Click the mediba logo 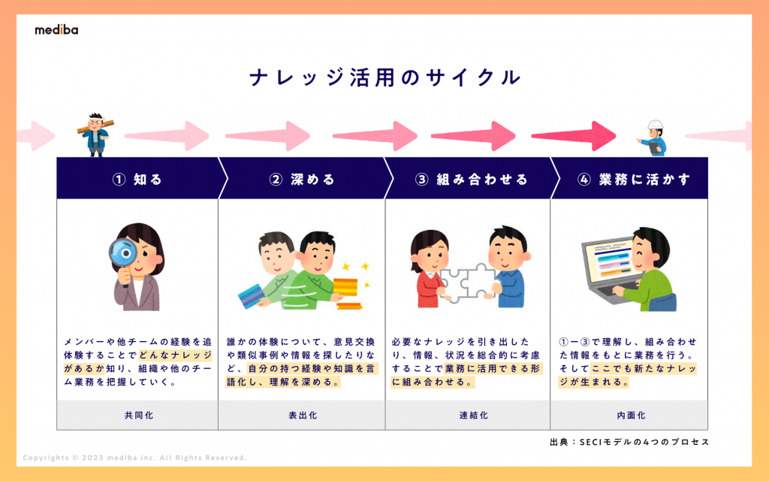56,30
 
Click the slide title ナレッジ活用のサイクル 384,77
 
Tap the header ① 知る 137,179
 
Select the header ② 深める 302,179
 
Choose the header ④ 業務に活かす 634,179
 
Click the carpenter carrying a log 95,134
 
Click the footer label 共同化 138,415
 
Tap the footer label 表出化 302,415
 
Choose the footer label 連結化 468,415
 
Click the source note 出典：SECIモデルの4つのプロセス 629,442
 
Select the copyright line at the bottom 135,458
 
